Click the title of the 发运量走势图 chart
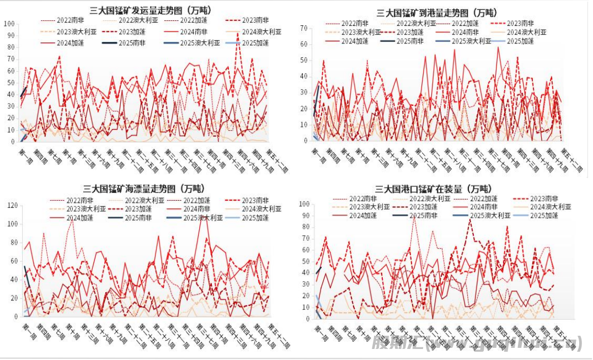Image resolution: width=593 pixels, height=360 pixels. (151, 10)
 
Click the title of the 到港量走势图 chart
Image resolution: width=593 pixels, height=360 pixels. (436, 13)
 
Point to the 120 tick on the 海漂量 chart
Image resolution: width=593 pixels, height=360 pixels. (12, 206)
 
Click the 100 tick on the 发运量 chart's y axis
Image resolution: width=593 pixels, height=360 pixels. (9, 24)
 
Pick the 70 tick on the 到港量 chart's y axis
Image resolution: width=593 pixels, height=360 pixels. (303, 28)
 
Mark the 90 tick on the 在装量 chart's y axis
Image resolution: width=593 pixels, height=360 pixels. (303, 216)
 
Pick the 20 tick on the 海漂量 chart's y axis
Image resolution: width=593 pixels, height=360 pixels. (14, 298)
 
